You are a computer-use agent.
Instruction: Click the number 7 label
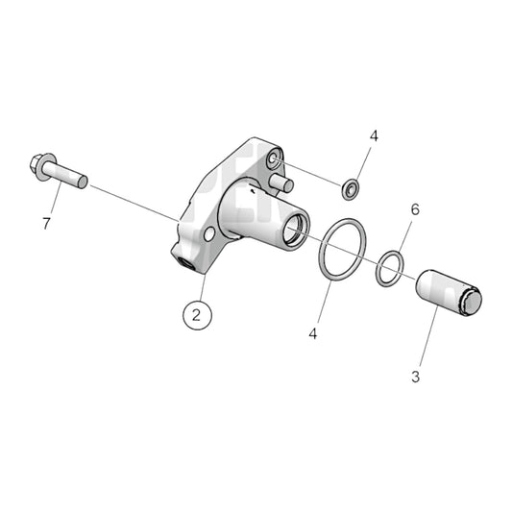click(45, 224)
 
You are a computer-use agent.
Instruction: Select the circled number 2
click(197, 313)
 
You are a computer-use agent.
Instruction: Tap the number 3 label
click(415, 377)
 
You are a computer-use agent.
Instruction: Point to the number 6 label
click(414, 209)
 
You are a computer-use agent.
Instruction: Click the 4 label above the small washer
click(374, 136)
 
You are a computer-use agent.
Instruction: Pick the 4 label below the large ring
click(313, 333)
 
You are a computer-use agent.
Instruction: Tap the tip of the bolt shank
click(84, 180)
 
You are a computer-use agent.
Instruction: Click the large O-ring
click(341, 251)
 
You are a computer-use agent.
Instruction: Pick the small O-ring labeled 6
click(389, 268)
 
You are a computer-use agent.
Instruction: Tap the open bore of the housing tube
click(293, 231)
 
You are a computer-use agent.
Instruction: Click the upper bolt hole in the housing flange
click(275, 157)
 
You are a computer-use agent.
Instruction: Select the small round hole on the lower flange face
click(208, 234)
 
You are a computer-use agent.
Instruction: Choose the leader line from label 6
click(403, 235)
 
